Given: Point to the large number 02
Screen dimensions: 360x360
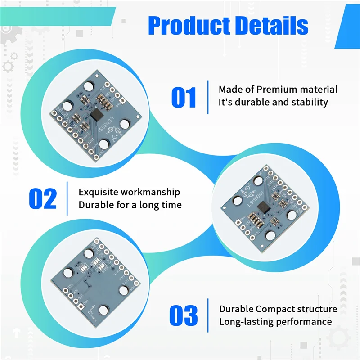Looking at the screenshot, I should coord(43,198).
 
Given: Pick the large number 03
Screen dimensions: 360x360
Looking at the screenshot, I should coord(184,315).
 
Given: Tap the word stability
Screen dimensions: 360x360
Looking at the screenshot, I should coord(307,102).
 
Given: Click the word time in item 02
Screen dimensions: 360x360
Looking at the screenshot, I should coord(171,205).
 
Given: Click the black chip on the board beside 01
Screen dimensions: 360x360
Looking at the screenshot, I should coord(96,116).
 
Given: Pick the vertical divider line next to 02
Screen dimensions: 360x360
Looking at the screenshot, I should coord(67,198).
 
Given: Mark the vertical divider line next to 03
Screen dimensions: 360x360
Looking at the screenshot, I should coord(208,315).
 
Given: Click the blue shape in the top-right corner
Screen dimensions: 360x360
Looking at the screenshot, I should coord(348,22).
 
